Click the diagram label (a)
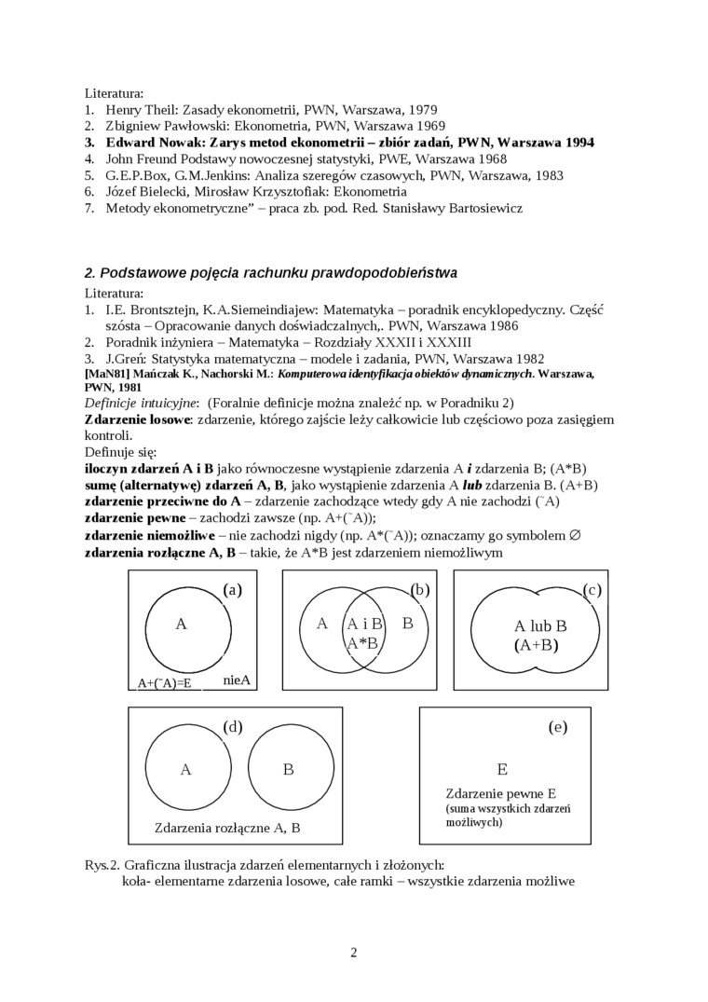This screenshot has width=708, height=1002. point(233,589)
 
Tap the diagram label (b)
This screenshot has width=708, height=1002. point(419,589)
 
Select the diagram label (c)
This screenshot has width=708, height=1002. point(592,589)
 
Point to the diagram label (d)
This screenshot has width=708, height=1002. point(233,726)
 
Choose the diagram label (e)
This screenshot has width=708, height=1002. point(558,727)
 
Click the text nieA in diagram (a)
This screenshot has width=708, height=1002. point(238,680)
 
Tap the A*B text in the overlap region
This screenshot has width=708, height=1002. point(361,642)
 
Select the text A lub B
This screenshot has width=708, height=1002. point(540,626)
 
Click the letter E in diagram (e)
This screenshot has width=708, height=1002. point(502,769)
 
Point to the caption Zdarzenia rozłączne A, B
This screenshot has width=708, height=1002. point(227,828)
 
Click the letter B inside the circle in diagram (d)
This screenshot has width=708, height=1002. point(288,769)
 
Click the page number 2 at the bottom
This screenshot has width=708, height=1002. point(354,952)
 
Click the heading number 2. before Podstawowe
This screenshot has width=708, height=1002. point(90,273)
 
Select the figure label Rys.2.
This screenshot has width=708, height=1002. point(102,864)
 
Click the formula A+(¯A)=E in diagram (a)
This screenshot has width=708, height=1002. point(164,683)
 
